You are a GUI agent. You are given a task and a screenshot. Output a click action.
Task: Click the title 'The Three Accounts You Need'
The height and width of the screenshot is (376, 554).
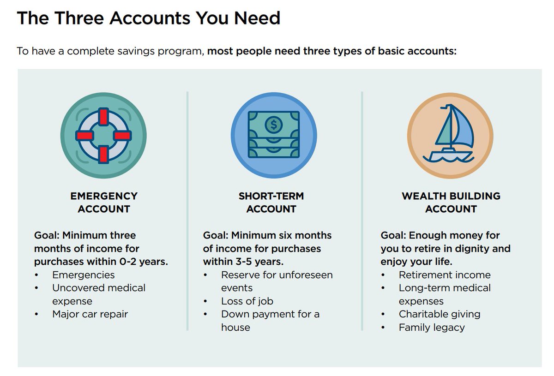(x=148, y=18)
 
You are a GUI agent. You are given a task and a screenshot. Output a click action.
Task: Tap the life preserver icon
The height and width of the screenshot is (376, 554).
(x=103, y=136)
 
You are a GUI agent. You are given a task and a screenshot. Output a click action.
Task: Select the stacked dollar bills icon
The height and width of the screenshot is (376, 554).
(x=273, y=136)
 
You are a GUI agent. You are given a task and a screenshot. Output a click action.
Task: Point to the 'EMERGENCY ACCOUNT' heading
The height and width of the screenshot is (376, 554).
(x=104, y=202)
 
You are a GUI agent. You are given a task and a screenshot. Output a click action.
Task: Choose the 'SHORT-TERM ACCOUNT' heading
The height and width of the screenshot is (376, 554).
(x=271, y=202)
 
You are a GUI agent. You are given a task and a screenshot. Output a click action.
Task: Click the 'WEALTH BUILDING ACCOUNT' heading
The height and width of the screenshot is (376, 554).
(x=451, y=202)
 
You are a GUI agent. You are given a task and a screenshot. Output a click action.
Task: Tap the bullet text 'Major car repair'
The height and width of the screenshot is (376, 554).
(x=90, y=314)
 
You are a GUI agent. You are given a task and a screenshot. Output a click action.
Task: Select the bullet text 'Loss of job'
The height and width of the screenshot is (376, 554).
(x=247, y=301)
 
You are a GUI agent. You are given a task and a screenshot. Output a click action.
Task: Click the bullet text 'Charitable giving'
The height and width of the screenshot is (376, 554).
(x=440, y=314)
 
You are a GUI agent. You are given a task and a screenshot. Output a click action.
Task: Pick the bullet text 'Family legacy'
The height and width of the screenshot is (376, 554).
(x=432, y=328)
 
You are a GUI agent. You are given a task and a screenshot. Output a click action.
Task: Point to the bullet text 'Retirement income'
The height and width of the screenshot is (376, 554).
(x=445, y=275)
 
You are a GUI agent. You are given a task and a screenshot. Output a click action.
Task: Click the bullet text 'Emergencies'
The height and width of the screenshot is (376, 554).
(x=84, y=275)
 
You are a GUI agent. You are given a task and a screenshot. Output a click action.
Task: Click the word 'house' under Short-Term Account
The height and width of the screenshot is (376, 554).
(x=235, y=328)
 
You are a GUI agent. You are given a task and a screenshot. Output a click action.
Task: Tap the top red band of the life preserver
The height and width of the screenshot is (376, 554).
(x=103, y=117)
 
